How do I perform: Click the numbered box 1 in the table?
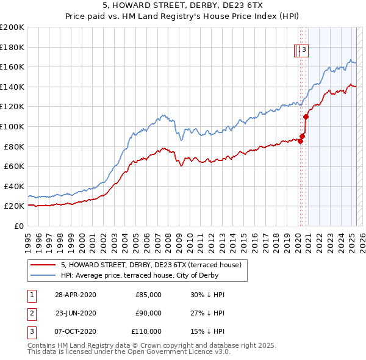point(30,295)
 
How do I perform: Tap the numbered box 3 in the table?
point(30,331)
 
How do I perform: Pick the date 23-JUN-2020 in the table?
point(76,313)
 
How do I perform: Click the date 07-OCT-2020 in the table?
point(76,331)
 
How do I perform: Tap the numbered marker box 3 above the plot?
point(304,51)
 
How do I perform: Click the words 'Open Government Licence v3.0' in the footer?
point(179,352)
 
